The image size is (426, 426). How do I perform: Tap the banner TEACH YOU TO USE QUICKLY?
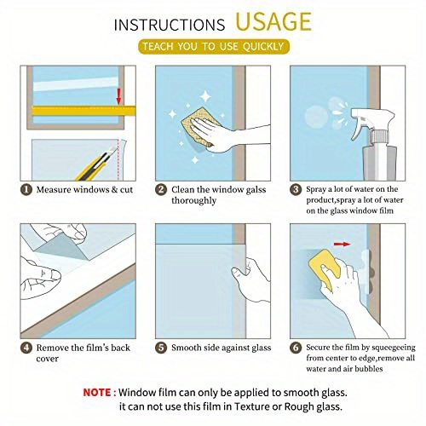click(214, 47)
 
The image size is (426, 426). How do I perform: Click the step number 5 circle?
click(160, 347)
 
